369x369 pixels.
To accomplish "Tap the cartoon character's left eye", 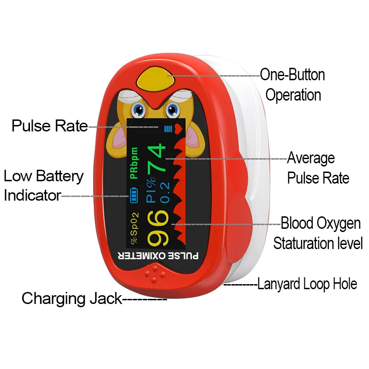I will pyautogui.click(x=137, y=110).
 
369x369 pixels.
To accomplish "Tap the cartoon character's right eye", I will pyautogui.click(x=173, y=110).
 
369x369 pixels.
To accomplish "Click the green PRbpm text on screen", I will pyautogui.click(x=134, y=163).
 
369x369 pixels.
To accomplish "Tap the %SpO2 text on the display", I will pyautogui.click(x=134, y=228).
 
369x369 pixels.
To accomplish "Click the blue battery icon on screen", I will pyautogui.click(x=134, y=196).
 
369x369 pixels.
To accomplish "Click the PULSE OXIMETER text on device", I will pyautogui.click(x=158, y=255).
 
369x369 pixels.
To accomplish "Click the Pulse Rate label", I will pyautogui.click(x=50, y=125).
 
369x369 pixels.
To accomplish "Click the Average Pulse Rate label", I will pyautogui.click(x=318, y=168).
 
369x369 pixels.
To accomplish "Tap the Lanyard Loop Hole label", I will pyautogui.click(x=307, y=284).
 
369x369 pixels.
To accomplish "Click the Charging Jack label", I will pyautogui.click(x=72, y=298).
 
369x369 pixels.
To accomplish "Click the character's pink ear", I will pyautogui.click(x=117, y=139).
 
